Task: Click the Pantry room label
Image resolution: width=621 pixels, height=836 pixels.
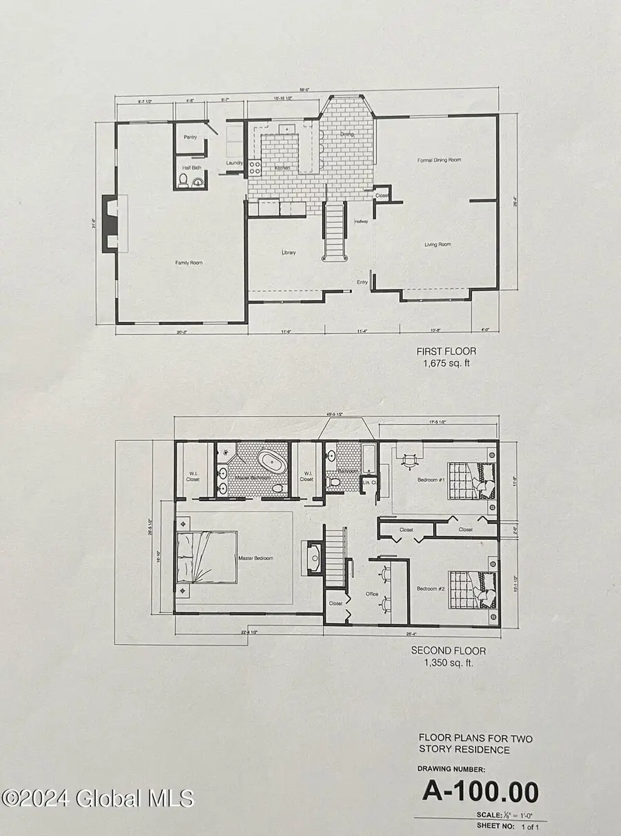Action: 190,137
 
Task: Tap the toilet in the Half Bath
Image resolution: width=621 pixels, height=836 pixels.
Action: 184,181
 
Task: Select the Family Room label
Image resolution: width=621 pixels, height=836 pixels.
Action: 188,263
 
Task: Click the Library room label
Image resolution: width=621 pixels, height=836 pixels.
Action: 288,252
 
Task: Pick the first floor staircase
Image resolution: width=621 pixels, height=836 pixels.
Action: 335,231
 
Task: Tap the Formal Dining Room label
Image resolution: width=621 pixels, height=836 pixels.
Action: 439,160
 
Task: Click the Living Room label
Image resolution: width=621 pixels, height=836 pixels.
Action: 437,244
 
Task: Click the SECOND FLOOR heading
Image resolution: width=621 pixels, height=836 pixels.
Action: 448,650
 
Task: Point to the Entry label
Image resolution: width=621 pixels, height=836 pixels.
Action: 362,282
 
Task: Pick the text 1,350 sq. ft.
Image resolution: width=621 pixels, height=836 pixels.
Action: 448,663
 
